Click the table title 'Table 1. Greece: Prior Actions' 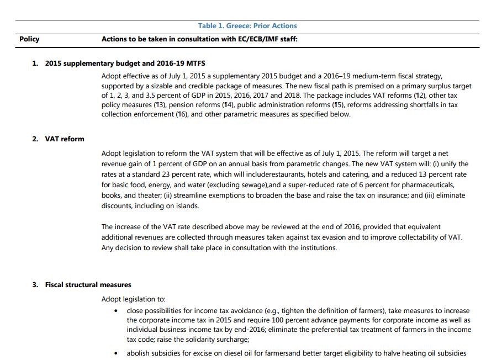[247, 26]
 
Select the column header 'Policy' [29, 39]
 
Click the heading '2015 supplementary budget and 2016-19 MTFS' [125, 63]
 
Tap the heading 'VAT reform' [65, 139]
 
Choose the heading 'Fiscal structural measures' [88, 285]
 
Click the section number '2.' [35, 139]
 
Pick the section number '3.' [35, 285]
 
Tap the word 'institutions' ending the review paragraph [317, 247]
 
